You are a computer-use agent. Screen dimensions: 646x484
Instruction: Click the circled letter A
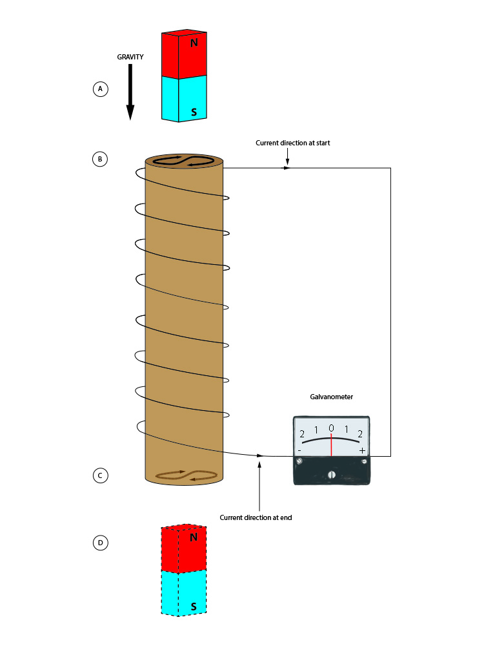[100, 89]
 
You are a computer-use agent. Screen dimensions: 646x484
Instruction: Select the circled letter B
[100, 158]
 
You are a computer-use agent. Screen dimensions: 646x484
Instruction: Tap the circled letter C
[100, 475]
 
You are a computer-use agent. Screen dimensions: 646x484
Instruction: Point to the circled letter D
[100, 543]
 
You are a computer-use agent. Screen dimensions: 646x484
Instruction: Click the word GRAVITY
[130, 57]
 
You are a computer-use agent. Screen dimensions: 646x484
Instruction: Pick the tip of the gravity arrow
[130, 118]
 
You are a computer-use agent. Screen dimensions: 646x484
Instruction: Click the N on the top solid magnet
[194, 43]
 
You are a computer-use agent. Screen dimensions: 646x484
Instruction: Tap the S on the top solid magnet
[194, 112]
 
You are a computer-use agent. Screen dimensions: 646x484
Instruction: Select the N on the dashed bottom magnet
[194, 537]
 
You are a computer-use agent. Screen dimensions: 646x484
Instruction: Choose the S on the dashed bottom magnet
[194, 607]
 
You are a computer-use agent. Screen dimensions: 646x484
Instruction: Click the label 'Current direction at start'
[292, 143]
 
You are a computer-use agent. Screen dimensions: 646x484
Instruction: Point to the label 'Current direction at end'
[256, 517]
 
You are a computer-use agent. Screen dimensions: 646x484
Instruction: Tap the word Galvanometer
[332, 397]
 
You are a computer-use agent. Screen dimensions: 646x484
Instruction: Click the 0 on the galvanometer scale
[331, 428]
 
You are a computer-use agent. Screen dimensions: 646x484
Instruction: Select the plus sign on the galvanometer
[362, 450]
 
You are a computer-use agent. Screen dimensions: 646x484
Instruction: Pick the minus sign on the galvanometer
[300, 450]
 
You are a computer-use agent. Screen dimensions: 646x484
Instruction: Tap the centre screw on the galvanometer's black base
[332, 475]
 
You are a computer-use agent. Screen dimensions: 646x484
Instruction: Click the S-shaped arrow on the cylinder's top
[184, 160]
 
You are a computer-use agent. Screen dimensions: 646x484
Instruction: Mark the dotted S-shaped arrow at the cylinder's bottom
[185, 475]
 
